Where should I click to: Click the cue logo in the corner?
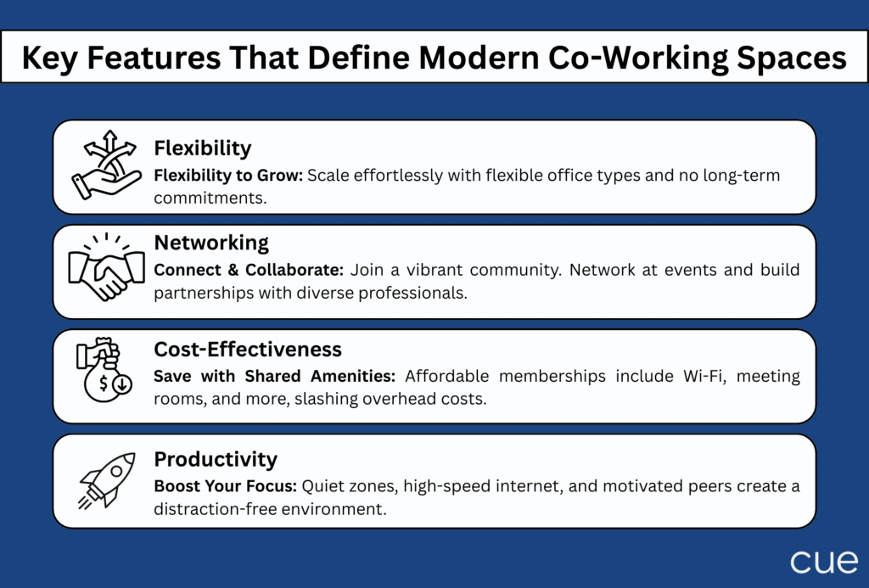823,562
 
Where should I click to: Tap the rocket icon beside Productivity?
107,480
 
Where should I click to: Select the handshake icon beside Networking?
106,267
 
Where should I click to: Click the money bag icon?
104,370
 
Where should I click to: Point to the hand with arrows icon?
106,165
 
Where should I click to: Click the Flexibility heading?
202,148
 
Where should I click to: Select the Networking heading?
211,243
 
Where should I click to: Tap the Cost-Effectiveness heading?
248,349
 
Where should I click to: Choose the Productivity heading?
216,459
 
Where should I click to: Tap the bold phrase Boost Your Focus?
226,486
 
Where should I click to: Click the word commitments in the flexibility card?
210,198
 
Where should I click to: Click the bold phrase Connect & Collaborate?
249,270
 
